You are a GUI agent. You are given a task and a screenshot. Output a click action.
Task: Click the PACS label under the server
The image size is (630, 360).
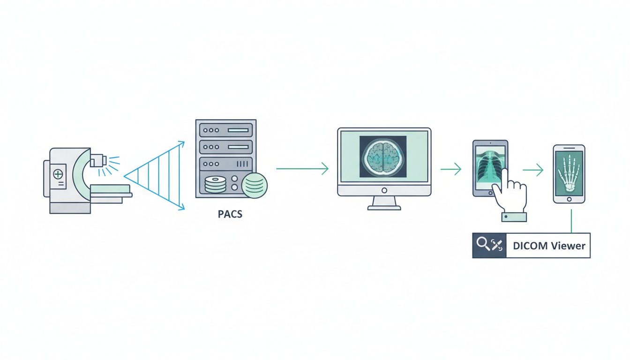click(230, 215)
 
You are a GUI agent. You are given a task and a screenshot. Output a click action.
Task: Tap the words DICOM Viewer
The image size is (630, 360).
click(549, 246)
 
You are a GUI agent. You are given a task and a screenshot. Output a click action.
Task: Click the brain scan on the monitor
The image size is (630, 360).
click(383, 157)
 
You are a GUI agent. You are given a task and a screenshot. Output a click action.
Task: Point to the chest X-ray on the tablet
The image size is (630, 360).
click(488, 166)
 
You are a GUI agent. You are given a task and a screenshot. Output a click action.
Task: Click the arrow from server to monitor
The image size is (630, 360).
click(302, 168)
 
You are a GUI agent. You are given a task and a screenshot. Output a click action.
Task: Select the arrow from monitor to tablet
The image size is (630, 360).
click(451, 169)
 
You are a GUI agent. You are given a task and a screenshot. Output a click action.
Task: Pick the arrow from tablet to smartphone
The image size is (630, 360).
click(533, 170)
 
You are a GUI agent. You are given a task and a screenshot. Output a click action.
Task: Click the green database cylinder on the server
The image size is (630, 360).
click(255, 185)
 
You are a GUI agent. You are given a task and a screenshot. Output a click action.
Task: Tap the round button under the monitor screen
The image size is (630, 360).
click(384, 190)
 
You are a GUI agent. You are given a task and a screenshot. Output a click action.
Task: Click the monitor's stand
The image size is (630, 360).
click(384, 203)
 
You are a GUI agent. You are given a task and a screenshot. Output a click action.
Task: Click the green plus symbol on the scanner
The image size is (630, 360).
click(59, 174)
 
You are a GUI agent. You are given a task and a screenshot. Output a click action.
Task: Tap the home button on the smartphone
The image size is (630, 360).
click(569, 199)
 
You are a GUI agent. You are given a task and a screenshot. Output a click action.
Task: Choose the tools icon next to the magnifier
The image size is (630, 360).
click(497, 245)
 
